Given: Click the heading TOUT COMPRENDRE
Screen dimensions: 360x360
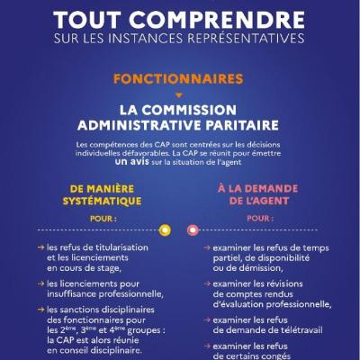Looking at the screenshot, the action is pos(180,19).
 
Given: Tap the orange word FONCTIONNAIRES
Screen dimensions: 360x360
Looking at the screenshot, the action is pos(179,79).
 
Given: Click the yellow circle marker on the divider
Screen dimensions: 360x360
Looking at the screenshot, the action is pos(165,229).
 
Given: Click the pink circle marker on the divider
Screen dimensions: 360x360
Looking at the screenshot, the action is pos(192,229).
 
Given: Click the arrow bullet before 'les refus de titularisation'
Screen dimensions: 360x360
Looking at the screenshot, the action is pos(41,247).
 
